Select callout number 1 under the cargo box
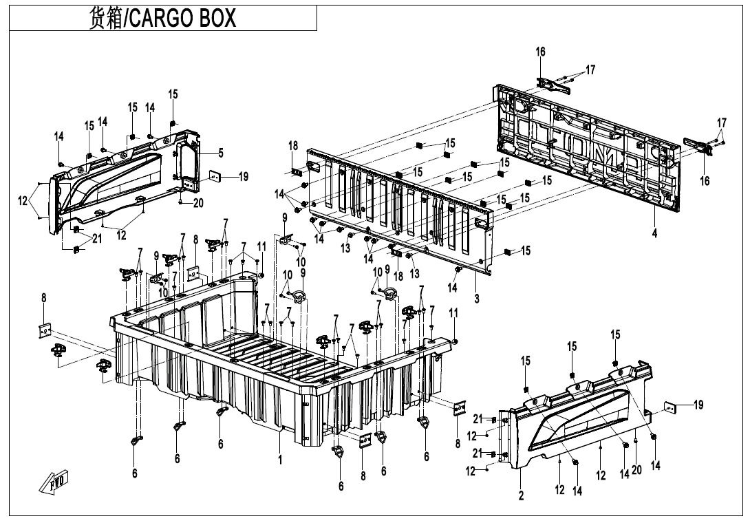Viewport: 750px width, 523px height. point(280,460)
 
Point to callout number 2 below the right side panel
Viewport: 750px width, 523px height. point(521,495)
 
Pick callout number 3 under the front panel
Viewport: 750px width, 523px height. point(476,299)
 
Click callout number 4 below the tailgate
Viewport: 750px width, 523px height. point(654,234)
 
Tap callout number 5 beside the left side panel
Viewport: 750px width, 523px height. point(221,152)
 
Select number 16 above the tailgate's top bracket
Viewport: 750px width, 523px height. point(540,52)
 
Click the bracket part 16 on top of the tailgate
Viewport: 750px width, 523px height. point(555,83)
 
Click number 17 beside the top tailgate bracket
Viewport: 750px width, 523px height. point(590,70)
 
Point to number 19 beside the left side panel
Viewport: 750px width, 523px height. point(243,177)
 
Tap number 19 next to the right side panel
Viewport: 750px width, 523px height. point(698,405)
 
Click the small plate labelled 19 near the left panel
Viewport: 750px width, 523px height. point(214,176)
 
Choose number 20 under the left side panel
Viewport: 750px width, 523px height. point(198,203)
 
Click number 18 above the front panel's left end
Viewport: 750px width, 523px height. point(293,146)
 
